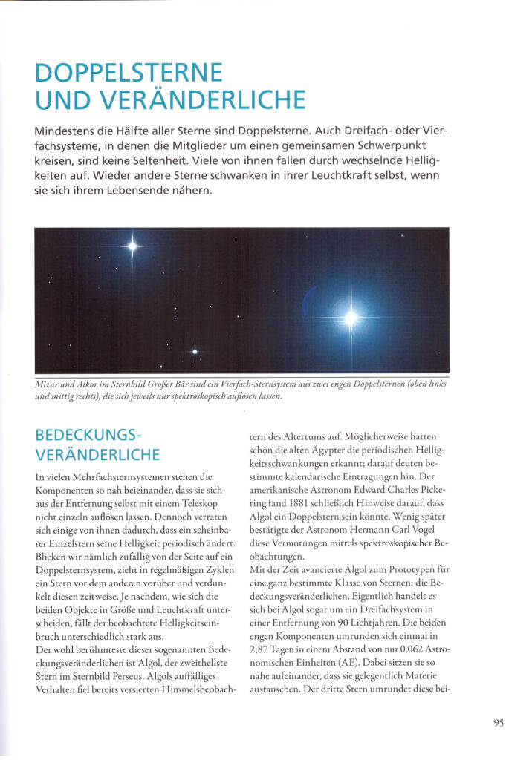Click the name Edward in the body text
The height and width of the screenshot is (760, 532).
(368, 488)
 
